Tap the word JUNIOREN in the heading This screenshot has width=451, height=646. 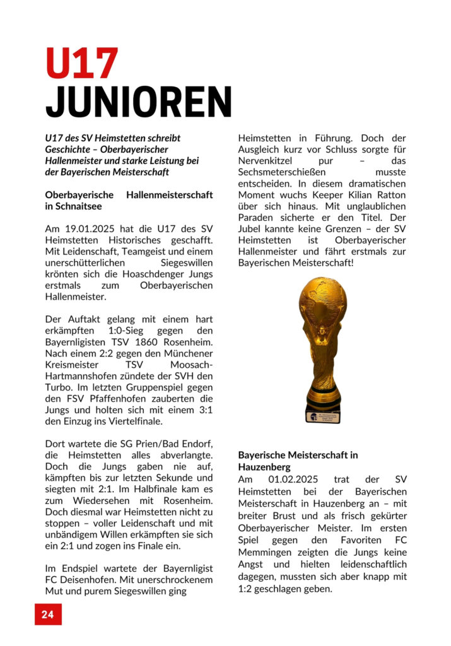(139, 102)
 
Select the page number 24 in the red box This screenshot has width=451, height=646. (48, 614)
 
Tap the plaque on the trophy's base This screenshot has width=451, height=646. (323, 414)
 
